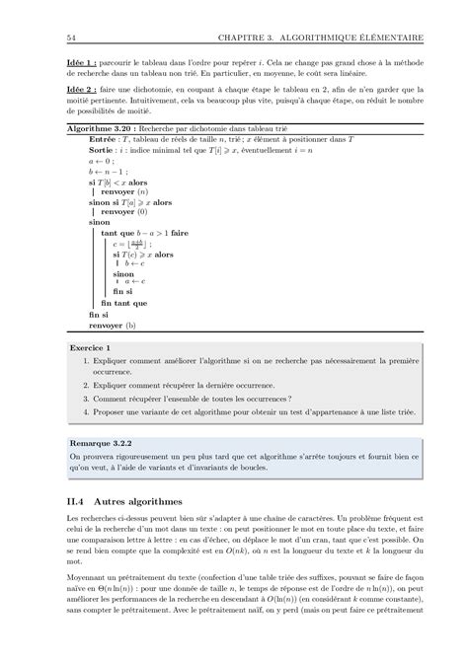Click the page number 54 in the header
(x=67, y=38)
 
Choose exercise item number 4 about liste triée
(x=247, y=415)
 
